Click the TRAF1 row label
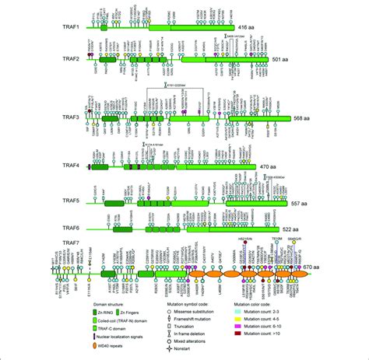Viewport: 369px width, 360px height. coord(74,26)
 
